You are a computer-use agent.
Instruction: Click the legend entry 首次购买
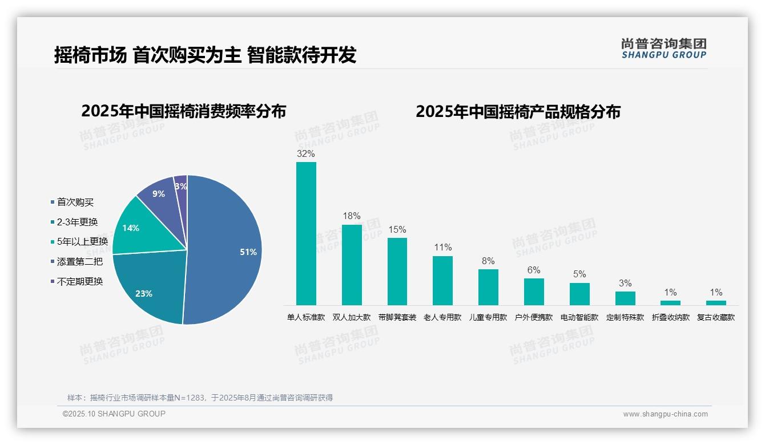[75, 202]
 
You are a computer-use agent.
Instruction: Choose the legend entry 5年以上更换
[82, 241]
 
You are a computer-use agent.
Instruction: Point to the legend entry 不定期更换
[80, 281]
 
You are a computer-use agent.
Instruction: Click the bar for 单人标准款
[306, 234]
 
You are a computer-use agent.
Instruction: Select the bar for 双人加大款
[352, 265]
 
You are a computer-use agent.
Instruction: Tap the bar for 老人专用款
[442, 280]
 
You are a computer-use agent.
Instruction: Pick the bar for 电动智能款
[579, 294]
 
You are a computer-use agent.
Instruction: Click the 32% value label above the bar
[306, 153]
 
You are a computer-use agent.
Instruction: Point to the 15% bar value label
[397, 229]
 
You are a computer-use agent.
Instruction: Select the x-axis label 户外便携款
[534, 317]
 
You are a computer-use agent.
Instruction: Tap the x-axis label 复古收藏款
[716, 317]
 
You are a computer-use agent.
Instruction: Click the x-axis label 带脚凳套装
[397, 317]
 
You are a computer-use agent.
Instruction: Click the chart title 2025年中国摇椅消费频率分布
[183, 111]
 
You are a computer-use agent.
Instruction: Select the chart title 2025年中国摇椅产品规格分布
[518, 111]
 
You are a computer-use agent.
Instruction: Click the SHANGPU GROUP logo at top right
[663, 48]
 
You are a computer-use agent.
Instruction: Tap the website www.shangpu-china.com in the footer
[665, 414]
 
